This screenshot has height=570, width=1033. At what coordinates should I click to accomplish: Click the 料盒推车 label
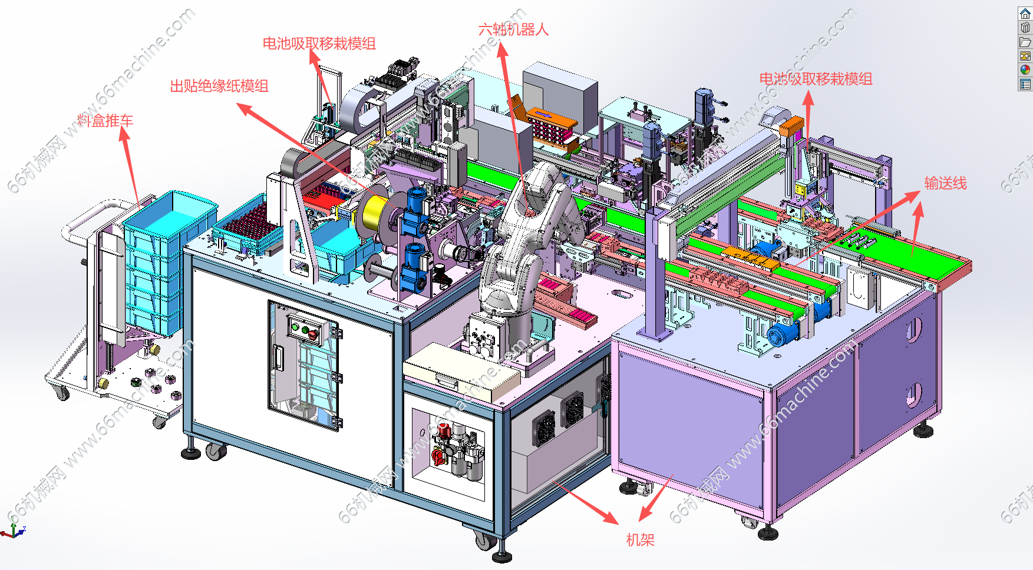pos(105,121)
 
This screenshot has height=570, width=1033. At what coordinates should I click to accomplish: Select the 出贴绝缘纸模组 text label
pos(219,87)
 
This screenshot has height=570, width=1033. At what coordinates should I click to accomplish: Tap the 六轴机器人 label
pos(513,29)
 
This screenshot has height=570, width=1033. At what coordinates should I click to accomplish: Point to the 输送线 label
pos(945,184)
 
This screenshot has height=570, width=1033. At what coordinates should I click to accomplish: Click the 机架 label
pos(640,540)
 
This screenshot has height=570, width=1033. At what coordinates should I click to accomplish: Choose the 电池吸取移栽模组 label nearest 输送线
pos(816,79)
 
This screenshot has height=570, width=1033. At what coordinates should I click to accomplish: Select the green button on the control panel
pos(295,327)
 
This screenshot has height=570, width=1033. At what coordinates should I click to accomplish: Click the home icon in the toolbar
pos(1025,14)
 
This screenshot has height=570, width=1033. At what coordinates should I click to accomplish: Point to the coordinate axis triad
pos(13,530)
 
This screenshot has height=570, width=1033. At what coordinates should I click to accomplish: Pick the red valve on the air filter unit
pos(438,456)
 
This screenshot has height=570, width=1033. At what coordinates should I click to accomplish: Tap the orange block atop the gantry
pos(791,125)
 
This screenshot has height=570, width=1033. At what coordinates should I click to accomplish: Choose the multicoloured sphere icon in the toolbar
pos(1025,70)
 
